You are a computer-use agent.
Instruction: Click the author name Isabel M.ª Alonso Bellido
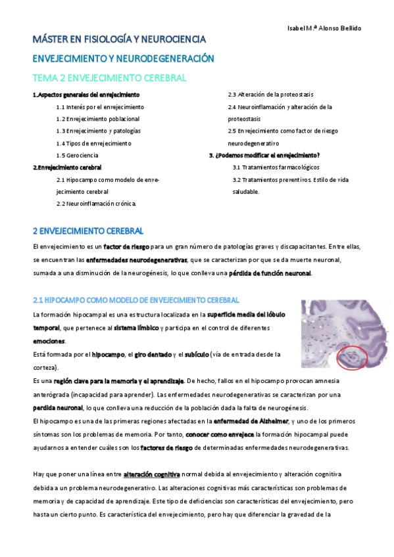point(325,28)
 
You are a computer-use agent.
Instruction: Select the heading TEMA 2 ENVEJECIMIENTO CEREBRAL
point(110,78)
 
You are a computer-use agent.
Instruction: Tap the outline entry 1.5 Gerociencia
point(77,155)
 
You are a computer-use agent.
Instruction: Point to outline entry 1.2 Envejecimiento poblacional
point(97,118)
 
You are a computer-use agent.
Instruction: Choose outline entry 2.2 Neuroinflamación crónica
point(96,204)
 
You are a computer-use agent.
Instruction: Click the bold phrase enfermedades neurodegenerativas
point(136,261)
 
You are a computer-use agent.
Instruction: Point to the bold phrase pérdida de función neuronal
point(270,273)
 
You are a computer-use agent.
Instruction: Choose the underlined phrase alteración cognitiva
point(152,474)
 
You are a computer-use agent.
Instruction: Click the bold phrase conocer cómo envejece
point(218,434)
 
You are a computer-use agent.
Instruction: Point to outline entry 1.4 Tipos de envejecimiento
point(93,143)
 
